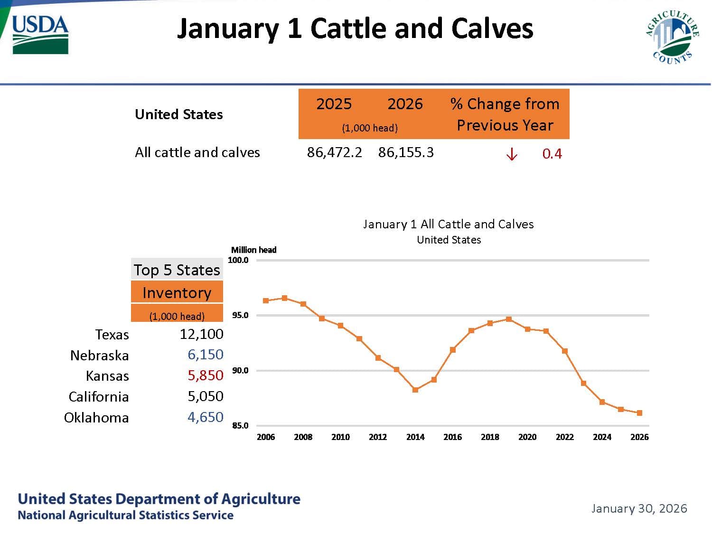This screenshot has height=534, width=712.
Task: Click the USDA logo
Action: pyautogui.click(x=40, y=34)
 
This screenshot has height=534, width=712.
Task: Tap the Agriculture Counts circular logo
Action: pyautogui.click(x=672, y=37)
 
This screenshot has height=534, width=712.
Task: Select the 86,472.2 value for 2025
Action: pyautogui.click(x=334, y=152)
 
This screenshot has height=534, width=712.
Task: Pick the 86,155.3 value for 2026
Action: pyautogui.click(x=406, y=152)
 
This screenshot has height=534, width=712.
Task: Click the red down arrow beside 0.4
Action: pyautogui.click(x=511, y=154)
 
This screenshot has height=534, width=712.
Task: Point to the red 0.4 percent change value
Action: pyautogui.click(x=552, y=154)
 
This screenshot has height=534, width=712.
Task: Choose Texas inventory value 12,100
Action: pyautogui.click(x=201, y=334)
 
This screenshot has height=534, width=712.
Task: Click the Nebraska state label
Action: pyautogui.click(x=99, y=356)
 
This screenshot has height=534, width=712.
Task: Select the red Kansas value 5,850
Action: pyautogui.click(x=205, y=375)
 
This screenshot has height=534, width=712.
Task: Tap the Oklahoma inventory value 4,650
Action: pyautogui.click(x=205, y=417)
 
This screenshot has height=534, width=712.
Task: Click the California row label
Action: pyautogui.click(x=98, y=397)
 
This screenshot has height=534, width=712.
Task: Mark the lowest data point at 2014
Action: pyautogui.click(x=415, y=390)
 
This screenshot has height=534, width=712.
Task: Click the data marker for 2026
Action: pyautogui.click(x=639, y=413)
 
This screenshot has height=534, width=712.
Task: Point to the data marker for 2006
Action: pyautogui.click(x=266, y=300)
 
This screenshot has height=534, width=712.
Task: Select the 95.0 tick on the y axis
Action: pyautogui.click(x=240, y=316)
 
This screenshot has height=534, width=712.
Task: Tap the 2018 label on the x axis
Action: pyautogui.click(x=490, y=437)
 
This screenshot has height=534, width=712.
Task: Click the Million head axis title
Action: pyautogui.click(x=253, y=250)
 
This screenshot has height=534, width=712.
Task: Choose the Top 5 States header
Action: pyautogui.click(x=177, y=270)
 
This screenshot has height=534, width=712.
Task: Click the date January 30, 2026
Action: pyautogui.click(x=639, y=509)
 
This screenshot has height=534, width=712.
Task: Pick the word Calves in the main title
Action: pyautogui.click(x=492, y=28)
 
